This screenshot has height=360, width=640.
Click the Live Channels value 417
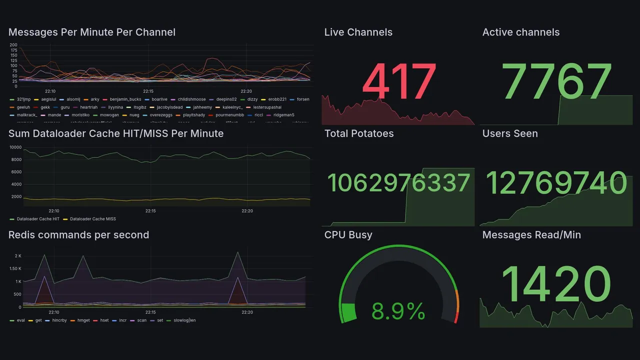(399, 82)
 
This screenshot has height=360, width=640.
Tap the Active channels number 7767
(557, 82)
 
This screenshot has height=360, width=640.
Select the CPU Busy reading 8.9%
(398, 312)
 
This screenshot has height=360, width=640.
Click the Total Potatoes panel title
(359, 133)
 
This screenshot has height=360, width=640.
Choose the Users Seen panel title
(510, 133)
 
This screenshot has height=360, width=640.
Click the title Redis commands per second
(78, 235)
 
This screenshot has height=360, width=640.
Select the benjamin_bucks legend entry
(125, 99)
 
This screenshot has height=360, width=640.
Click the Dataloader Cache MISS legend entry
(92, 219)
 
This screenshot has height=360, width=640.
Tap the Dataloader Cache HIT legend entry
(38, 219)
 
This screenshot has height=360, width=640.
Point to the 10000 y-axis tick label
(15, 147)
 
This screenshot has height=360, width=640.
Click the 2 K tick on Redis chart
(18, 256)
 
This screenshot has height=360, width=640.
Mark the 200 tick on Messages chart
(13, 45)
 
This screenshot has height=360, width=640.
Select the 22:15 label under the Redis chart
(150, 312)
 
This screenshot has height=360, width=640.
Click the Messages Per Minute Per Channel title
(92, 32)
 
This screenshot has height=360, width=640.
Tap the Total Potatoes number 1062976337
(398, 183)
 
